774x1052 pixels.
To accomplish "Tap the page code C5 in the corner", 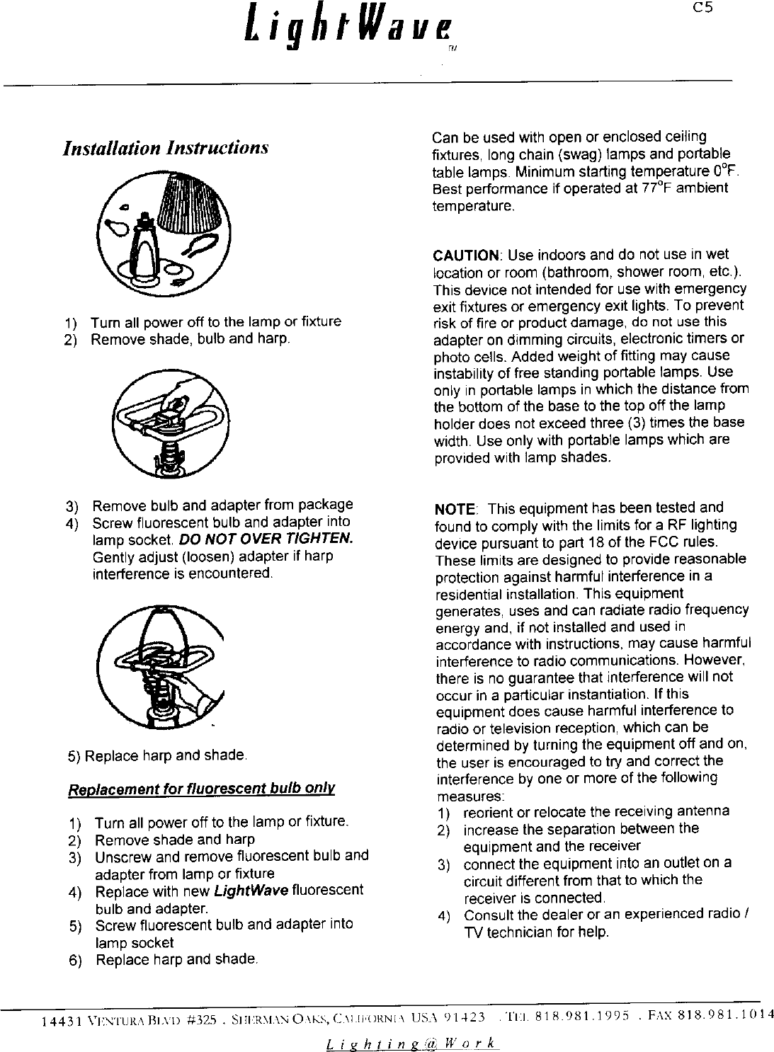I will (x=702, y=8).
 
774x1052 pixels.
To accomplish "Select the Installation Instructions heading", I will (x=166, y=148).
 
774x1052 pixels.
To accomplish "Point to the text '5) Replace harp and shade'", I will (x=156, y=755).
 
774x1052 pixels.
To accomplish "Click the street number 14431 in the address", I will (x=56, y=1021).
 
